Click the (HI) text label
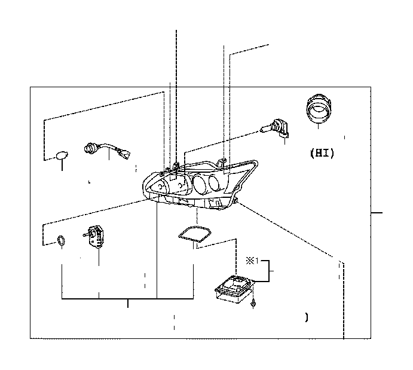322,153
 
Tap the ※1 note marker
252,261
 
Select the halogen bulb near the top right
275,129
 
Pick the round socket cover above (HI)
319,108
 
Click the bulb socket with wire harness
107,151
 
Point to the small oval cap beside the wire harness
62,155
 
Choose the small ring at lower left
62,241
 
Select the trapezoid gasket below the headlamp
195,233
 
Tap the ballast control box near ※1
235,289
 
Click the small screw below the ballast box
253,304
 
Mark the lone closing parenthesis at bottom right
307,317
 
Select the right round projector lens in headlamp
216,182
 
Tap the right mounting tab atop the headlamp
222,162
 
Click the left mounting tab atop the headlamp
176,166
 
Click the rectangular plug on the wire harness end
124,154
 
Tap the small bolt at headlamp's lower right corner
235,201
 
